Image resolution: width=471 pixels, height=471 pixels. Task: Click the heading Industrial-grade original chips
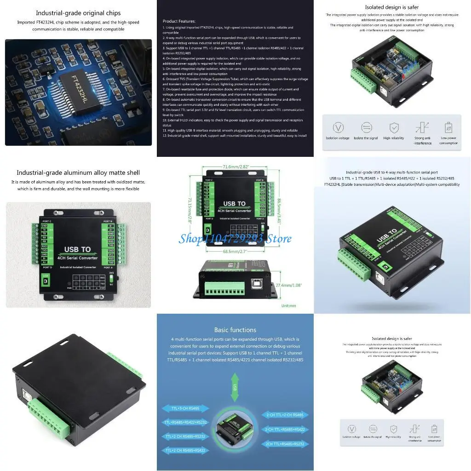[x=78, y=13]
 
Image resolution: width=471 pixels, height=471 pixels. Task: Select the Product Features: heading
[x=179, y=21]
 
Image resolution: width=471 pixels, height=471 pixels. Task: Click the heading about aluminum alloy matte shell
[x=78, y=172]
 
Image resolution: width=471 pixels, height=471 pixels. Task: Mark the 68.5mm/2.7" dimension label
[x=235, y=252]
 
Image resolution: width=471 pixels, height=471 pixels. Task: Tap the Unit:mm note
[x=288, y=305]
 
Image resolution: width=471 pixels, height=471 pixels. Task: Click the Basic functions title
[x=235, y=330]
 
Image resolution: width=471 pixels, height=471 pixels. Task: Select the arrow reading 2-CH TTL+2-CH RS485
[x=285, y=415]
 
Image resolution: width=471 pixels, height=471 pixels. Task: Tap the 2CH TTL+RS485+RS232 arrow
[x=285, y=444]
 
